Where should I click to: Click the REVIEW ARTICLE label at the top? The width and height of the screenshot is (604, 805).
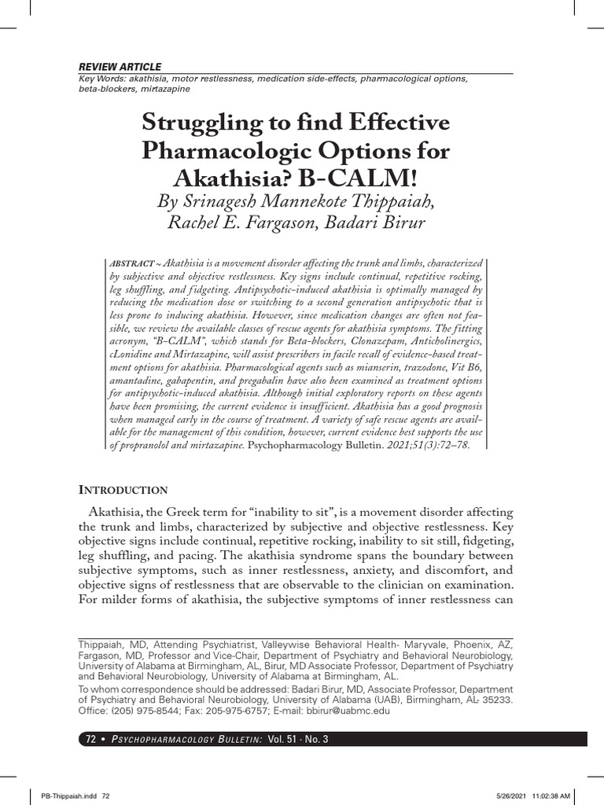click(x=120, y=67)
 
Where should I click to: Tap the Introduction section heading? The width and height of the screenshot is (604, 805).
click(x=122, y=490)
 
